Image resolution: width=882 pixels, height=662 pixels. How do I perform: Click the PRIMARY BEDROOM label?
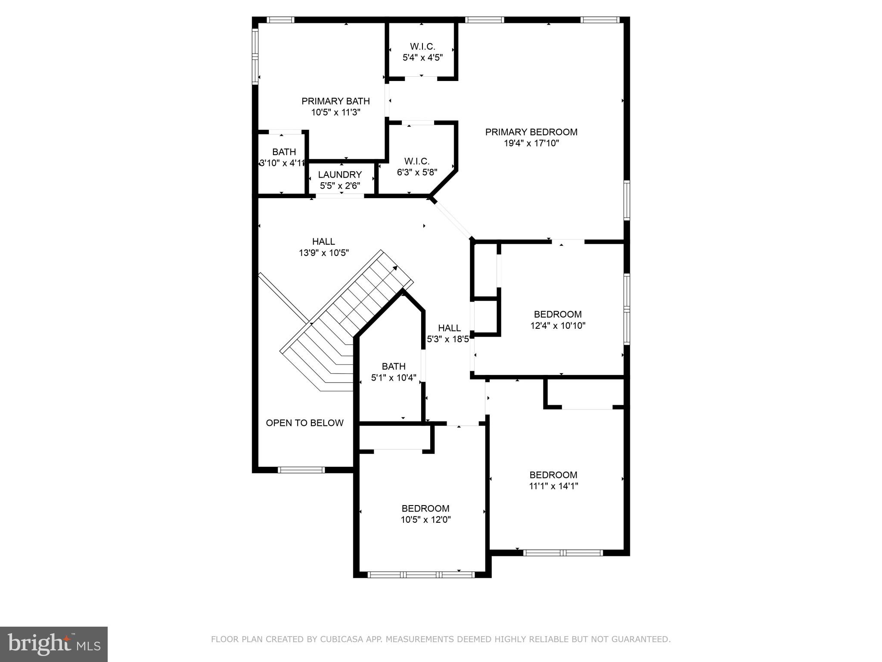(531, 132)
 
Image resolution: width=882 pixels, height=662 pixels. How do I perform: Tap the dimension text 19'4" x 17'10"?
(531, 144)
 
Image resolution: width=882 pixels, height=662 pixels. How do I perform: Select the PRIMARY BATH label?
(335, 101)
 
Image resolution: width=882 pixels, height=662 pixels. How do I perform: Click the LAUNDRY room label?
(340, 175)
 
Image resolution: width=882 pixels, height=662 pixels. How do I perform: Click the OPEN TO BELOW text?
(304, 423)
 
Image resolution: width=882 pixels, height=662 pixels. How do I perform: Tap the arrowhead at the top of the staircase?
(395, 268)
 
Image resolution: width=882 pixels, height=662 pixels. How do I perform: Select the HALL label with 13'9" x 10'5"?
(323, 241)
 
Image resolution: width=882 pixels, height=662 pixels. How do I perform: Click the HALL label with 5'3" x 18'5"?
(449, 328)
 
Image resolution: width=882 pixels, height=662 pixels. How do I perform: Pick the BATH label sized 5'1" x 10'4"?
(393, 366)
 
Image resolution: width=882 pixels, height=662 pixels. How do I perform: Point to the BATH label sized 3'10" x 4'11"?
(284, 152)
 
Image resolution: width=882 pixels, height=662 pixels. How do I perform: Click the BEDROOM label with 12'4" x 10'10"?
(558, 314)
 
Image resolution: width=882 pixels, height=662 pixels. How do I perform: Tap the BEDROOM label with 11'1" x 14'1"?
(553, 475)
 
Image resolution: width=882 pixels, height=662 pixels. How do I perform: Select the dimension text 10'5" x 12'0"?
(425, 520)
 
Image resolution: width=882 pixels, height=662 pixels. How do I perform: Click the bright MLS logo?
(53, 644)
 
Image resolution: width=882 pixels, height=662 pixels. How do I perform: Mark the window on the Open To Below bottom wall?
(301, 470)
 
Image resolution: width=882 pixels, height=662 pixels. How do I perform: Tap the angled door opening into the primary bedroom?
(452, 219)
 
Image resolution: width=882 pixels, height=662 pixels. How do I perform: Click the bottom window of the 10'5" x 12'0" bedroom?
(421, 574)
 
